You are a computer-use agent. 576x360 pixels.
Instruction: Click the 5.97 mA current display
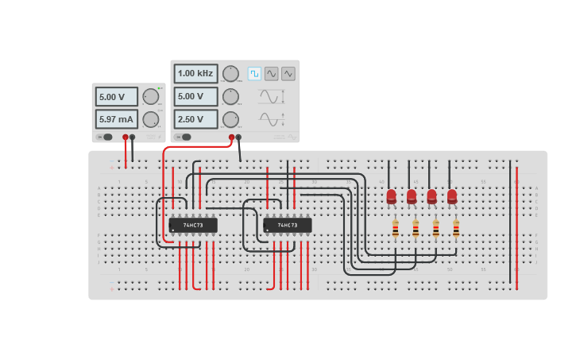[116, 119]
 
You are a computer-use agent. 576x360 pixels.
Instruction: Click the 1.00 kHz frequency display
[195, 74]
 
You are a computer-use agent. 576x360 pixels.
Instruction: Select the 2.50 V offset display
[195, 119]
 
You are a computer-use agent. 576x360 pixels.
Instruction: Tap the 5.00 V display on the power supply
[116, 97]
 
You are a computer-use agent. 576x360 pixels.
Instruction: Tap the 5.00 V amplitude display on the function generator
[195, 97]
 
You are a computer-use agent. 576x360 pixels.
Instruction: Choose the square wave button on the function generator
[254, 74]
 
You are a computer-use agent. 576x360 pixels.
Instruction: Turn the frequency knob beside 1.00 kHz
[230, 74]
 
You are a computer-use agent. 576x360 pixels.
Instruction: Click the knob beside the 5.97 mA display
[150, 120]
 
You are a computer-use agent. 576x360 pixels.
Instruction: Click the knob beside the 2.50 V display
[230, 119]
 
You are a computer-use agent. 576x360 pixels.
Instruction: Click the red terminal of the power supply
[125, 137]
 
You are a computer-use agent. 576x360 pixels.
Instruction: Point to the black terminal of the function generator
[238, 137]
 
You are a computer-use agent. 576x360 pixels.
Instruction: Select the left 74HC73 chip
[193, 225]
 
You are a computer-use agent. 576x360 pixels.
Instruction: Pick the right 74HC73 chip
[288, 225]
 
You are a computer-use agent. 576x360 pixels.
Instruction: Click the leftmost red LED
[391, 195]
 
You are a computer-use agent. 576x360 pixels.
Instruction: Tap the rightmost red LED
[452, 195]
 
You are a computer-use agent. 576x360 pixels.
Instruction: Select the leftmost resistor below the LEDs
[395, 229]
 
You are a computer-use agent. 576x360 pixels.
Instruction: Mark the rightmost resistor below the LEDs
[456, 229]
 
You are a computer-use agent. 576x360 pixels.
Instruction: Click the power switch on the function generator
[184, 137]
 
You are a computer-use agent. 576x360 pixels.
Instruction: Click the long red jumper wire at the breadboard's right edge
[516, 223]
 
